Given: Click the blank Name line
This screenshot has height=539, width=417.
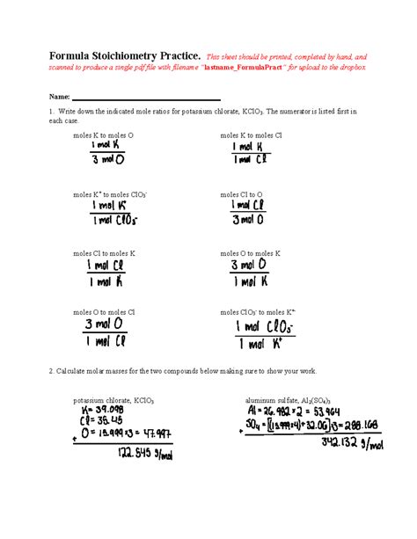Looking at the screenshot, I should [x=145, y=98].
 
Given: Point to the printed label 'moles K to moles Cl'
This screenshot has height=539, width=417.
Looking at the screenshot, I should [x=251, y=136].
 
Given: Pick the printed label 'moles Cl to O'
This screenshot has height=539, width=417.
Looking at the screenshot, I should [x=241, y=194].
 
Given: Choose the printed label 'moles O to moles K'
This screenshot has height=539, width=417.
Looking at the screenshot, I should [x=250, y=253].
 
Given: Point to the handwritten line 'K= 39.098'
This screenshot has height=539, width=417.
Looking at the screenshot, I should [x=98, y=411].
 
